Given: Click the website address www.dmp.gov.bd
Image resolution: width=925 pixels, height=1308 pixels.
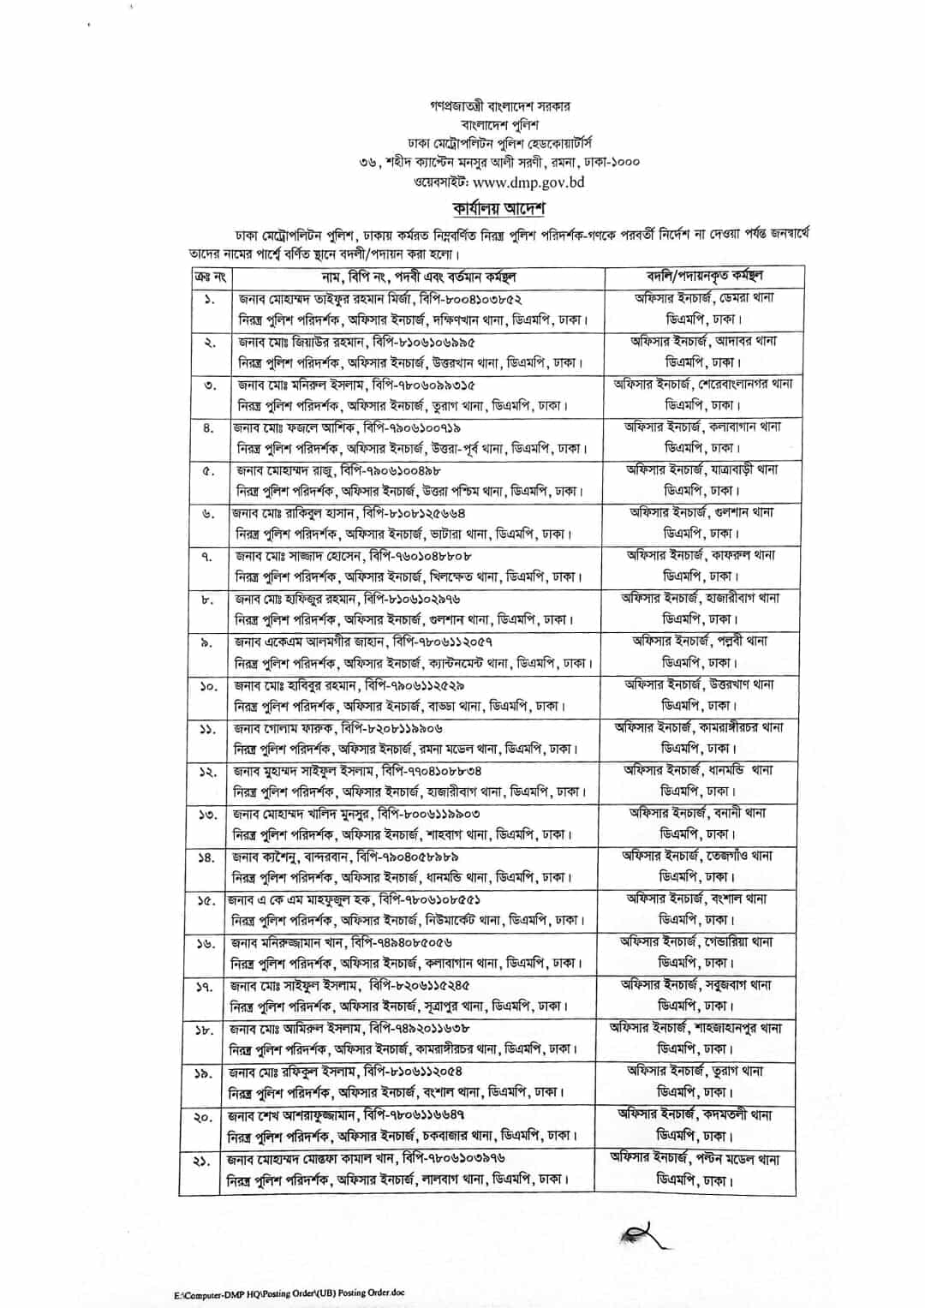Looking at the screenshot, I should tap(528, 182).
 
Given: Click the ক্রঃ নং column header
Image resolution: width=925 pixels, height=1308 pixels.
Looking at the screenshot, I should tap(210, 277).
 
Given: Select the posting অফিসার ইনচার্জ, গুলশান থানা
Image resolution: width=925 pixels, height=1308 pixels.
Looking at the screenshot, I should tap(701, 512).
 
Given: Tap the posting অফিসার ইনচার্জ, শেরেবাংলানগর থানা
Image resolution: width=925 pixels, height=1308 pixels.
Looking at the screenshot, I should tap(703, 384).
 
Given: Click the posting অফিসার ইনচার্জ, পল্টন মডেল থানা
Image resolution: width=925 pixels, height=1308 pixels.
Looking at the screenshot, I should tap(695, 1158).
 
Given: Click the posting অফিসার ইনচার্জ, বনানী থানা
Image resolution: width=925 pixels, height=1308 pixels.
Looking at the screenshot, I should tap(697, 813).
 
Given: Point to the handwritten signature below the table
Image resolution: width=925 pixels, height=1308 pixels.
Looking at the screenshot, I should tap(642, 1234).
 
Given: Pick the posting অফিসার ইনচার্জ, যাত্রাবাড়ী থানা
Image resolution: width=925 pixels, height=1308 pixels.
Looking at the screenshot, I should tap(701, 469).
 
